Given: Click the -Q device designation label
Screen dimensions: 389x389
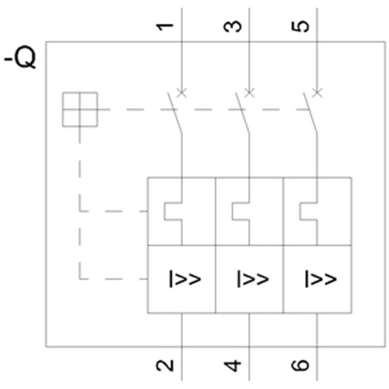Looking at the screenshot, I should pos(21,60).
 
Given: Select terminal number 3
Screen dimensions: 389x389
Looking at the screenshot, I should pos(234,26).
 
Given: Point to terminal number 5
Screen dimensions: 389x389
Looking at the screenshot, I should pos(302,26).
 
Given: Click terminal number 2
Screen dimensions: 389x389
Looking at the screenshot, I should pos(165,365).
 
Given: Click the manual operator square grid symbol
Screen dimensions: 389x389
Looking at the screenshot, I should pos(80,109).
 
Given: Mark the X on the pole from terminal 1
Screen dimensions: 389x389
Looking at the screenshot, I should pos(181,92).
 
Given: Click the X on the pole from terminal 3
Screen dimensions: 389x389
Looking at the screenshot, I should pos(249,92).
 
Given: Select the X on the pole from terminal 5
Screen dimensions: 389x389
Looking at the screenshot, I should pos(317,92).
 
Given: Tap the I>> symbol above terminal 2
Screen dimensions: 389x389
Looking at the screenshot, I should pos(185,279).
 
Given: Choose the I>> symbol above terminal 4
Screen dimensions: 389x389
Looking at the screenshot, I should pos(252,279).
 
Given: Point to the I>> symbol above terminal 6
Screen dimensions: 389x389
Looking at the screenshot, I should pos(320,279).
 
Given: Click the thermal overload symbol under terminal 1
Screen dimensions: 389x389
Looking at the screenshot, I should pos(173,212).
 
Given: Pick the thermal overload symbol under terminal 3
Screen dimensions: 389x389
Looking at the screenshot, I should pos(241,212).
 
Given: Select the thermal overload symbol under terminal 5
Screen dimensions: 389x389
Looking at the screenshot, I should pos(309,212).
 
